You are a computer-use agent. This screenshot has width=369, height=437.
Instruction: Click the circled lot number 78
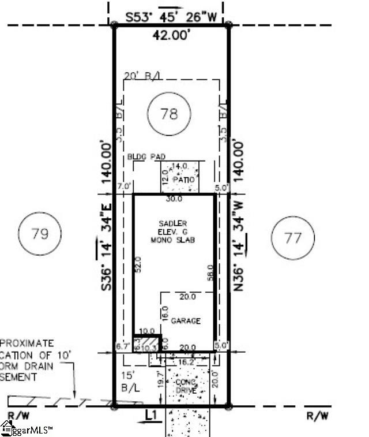pos(169,114)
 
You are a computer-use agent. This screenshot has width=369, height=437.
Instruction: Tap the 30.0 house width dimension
pos(174,199)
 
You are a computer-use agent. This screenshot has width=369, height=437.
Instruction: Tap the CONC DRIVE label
pos(186,387)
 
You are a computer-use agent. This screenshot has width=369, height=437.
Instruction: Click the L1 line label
pos(152,414)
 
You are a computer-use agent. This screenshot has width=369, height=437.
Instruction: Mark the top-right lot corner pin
pos(229,25)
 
